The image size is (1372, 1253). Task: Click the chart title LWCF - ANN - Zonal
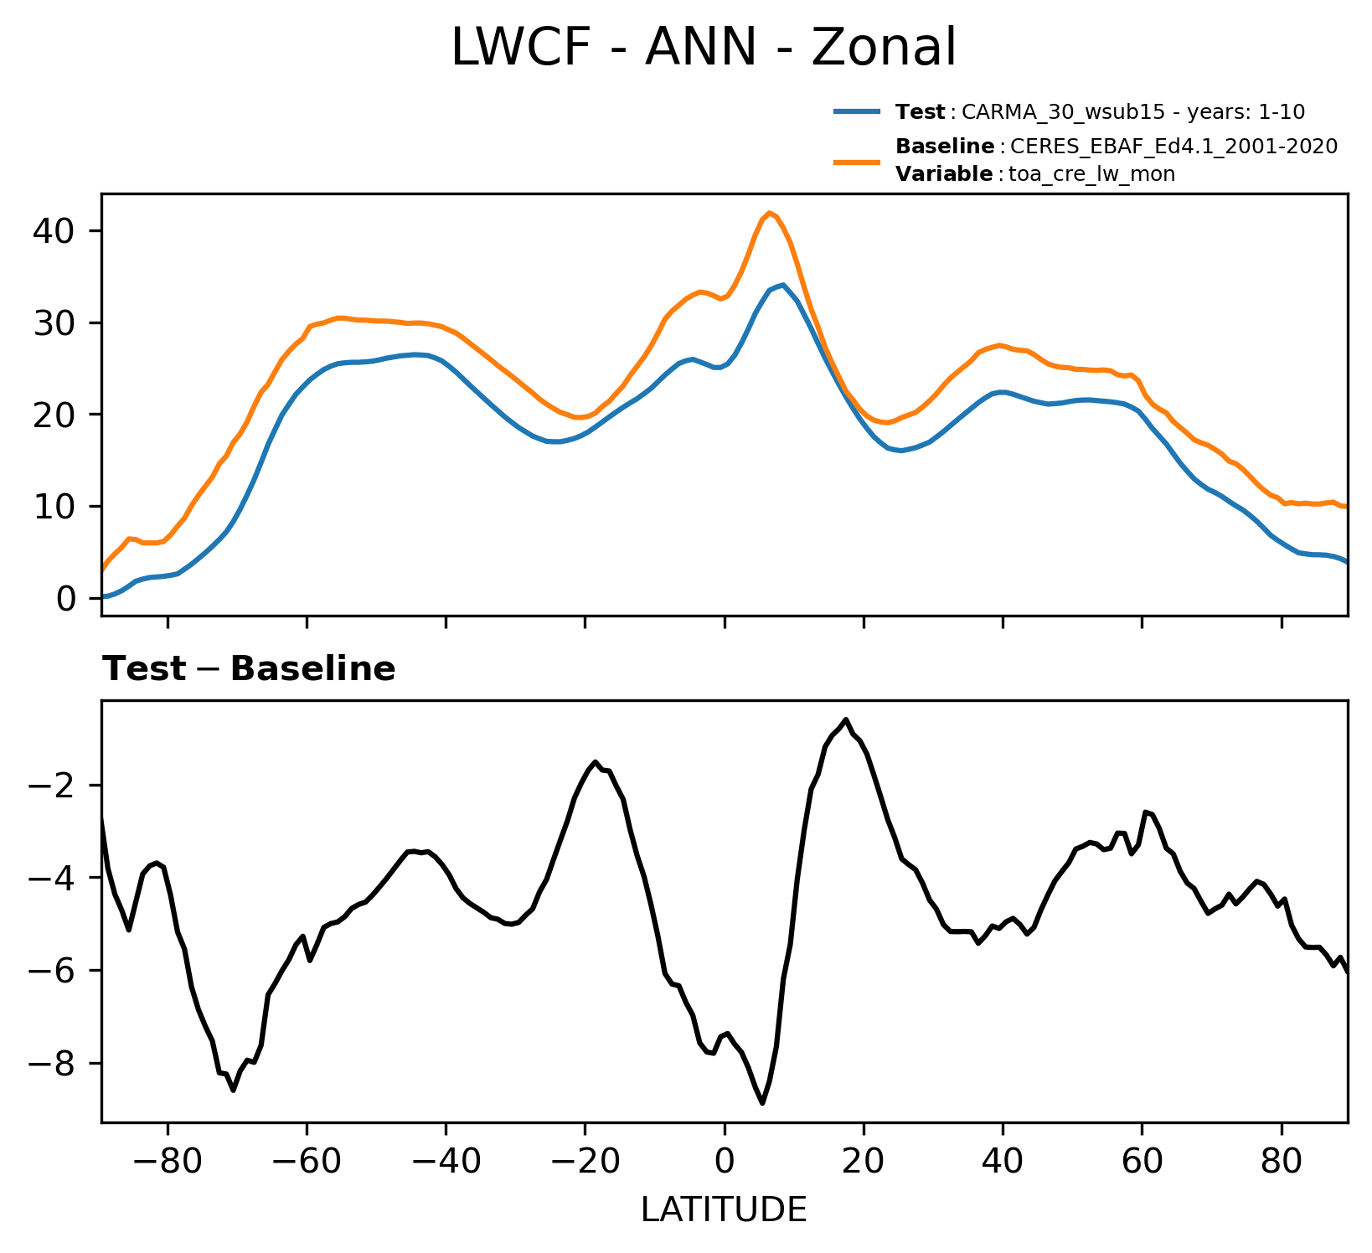coord(703,49)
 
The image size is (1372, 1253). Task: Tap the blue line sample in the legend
coord(857,111)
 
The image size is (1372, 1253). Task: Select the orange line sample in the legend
coord(857,161)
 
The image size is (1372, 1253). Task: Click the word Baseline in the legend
coord(944,147)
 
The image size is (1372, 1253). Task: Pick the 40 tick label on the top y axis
coord(55,230)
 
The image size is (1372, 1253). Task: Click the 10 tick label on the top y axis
coord(55,506)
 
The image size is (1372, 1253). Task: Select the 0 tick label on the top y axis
coord(66,598)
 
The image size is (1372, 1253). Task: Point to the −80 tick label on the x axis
coord(168,1161)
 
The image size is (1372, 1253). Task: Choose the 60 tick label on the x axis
coord(1141,1161)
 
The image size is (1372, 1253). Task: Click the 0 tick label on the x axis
coord(725,1161)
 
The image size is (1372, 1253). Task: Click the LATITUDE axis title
coord(724,1209)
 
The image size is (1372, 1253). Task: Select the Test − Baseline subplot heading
coord(249,669)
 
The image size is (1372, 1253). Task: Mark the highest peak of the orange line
coord(770,213)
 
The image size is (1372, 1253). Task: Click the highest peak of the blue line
coord(782,285)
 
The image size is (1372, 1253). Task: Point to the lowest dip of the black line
coord(762,1103)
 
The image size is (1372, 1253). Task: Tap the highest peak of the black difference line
coord(846,719)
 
